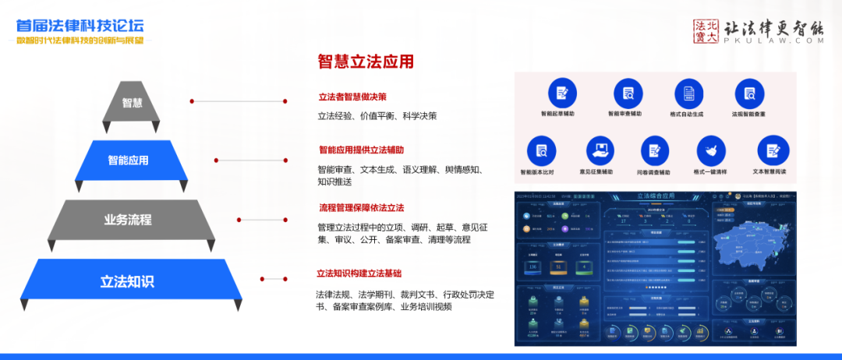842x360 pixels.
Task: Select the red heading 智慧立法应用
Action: [x=365, y=62]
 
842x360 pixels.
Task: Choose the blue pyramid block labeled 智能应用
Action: [x=129, y=161]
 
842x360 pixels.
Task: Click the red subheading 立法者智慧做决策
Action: [x=352, y=97]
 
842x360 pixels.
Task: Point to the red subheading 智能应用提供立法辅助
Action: [x=361, y=150]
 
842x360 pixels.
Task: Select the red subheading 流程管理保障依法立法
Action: [x=361, y=208]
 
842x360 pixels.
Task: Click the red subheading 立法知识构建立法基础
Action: [x=359, y=274]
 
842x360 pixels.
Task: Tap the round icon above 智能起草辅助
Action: [x=562, y=93]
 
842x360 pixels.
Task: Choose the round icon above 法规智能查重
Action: [x=748, y=93]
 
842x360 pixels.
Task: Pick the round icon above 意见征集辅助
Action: [x=596, y=150]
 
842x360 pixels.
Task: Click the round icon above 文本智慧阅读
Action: [x=772, y=150]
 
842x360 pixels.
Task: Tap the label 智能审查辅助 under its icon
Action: [x=624, y=113]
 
